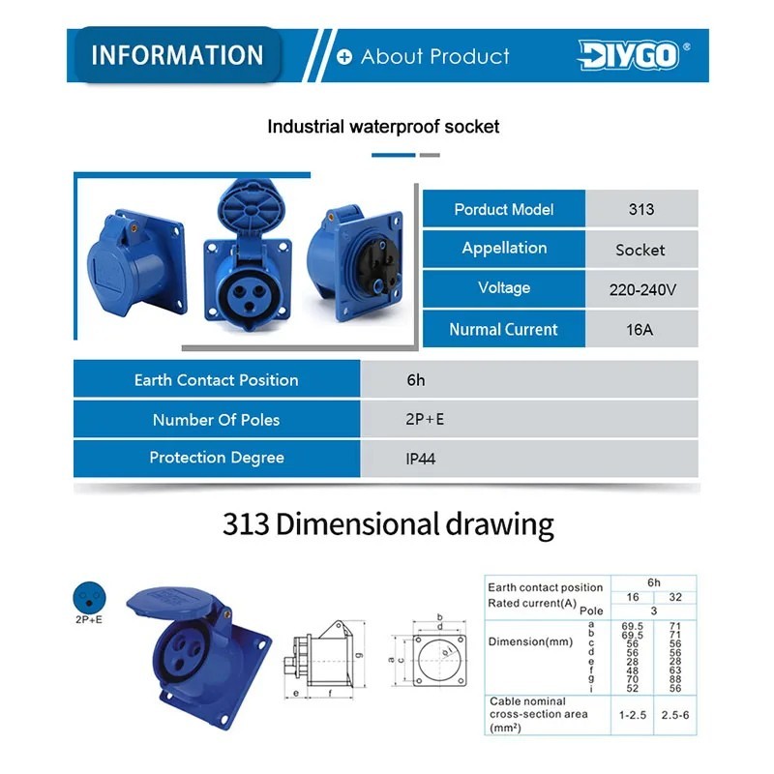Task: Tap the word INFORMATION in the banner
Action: point(177,55)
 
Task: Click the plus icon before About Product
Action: point(344,57)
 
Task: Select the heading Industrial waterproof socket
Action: point(383,127)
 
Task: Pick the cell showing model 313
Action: point(640,209)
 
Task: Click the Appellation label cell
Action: point(504,248)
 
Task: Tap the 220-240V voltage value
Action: point(640,288)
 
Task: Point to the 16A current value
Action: point(640,329)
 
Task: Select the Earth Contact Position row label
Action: point(216,379)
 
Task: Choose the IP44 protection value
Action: point(420,459)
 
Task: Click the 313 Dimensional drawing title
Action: point(388,524)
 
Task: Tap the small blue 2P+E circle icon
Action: point(87,595)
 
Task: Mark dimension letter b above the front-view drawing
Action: point(439,616)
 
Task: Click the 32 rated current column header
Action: point(674,598)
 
